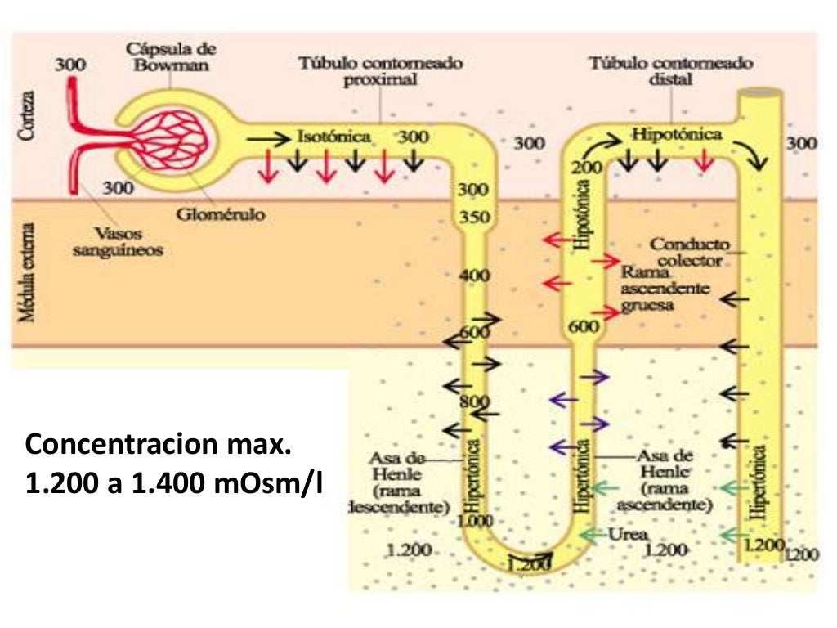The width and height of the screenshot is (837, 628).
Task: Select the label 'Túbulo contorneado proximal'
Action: [380, 71]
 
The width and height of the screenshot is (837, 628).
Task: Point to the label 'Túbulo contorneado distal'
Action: [671, 71]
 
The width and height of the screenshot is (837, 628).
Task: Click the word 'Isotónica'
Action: [333, 136]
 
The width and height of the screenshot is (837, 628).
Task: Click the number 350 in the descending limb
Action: [474, 218]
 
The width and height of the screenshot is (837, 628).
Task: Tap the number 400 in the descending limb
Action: [474, 276]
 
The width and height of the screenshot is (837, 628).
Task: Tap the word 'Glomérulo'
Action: [214, 214]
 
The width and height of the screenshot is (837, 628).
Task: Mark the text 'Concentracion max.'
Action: [158, 447]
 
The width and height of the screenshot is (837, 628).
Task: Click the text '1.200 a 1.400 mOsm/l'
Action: [174, 485]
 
